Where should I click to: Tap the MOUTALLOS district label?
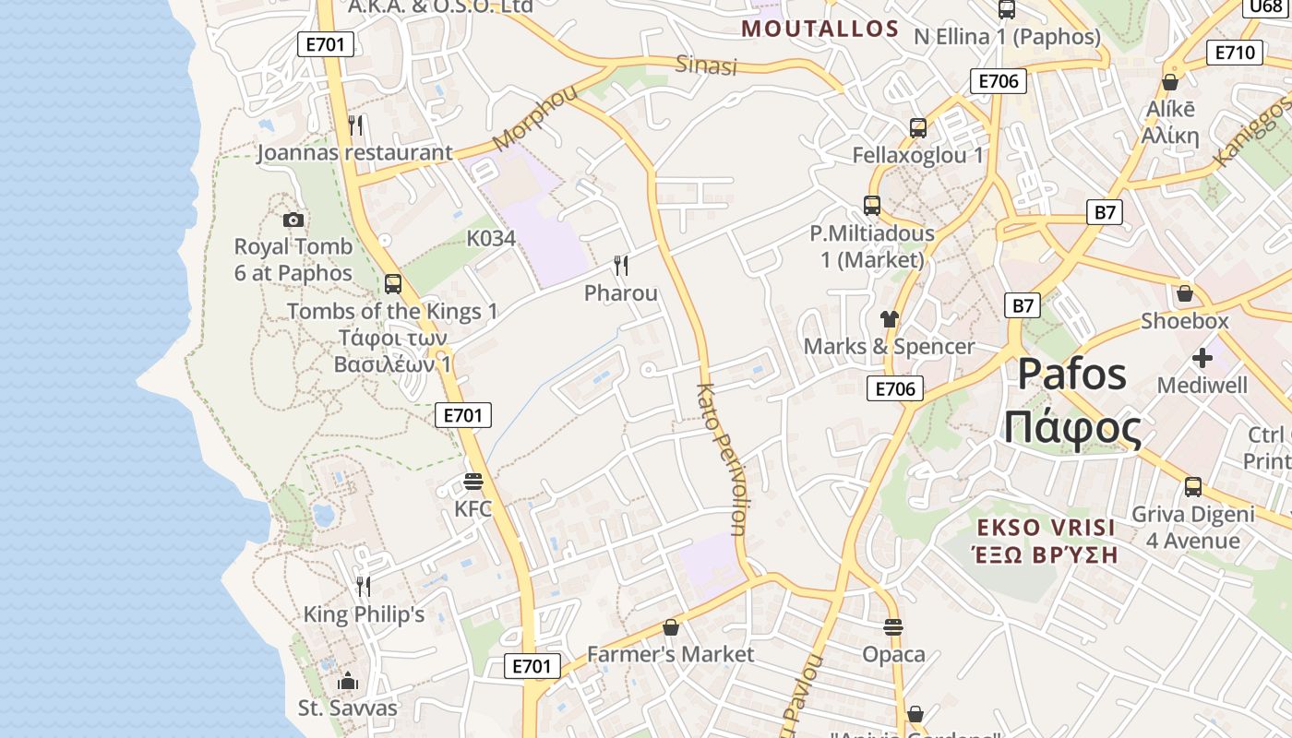[x=820, y=29]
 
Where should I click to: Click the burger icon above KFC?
[x=473, y=482]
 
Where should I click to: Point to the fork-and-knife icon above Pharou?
[x=621, y=267]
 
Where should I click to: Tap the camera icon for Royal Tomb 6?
[x=293, y=220]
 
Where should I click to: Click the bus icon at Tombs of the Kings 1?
[x=393, y=284]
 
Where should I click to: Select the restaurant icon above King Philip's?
[x=364, y=586]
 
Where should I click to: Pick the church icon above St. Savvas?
[x=348, y=682]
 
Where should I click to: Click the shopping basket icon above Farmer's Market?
[x=671, y=627]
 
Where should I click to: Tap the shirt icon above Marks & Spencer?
[x=889, y=319]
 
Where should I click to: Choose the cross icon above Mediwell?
[x=1202, y=357]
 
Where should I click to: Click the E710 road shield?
[x=1234, y=53]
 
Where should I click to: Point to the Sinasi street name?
[x=707, y=65]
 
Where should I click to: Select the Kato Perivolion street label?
[x=723, y=458]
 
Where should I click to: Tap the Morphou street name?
[x=534, y=117]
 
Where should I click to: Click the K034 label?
[x=491, y=238]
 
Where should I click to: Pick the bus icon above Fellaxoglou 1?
[x=918, y=128]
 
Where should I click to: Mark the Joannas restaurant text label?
[x=355, y=153]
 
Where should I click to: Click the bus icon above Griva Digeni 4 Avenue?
[x=1193, y=487]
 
